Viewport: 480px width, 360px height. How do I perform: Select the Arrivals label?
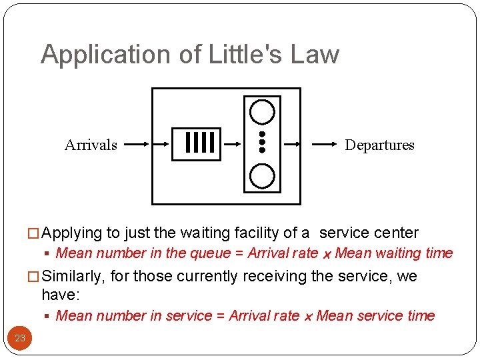pyautogui.click(x=91, y=145)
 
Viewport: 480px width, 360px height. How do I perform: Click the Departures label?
pyautogui.click(x=379, y=145)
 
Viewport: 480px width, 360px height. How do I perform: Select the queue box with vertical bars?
pyautogui.click(x=196, y=143)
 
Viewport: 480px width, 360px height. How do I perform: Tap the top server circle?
pyautogui.click(x=262, y=111)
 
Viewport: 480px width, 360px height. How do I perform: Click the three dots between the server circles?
pyautogui.click(x=262, y=142)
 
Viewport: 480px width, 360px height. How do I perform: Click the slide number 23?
pyautogui.click(x=20, y=338)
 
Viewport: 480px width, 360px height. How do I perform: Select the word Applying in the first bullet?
pyautogui.click(x=71, y=233)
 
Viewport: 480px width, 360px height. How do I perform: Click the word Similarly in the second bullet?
pyautogui.click(x=73, y=276)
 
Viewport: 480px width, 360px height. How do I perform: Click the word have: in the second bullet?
pyautogui.click(x=60, y=295)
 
